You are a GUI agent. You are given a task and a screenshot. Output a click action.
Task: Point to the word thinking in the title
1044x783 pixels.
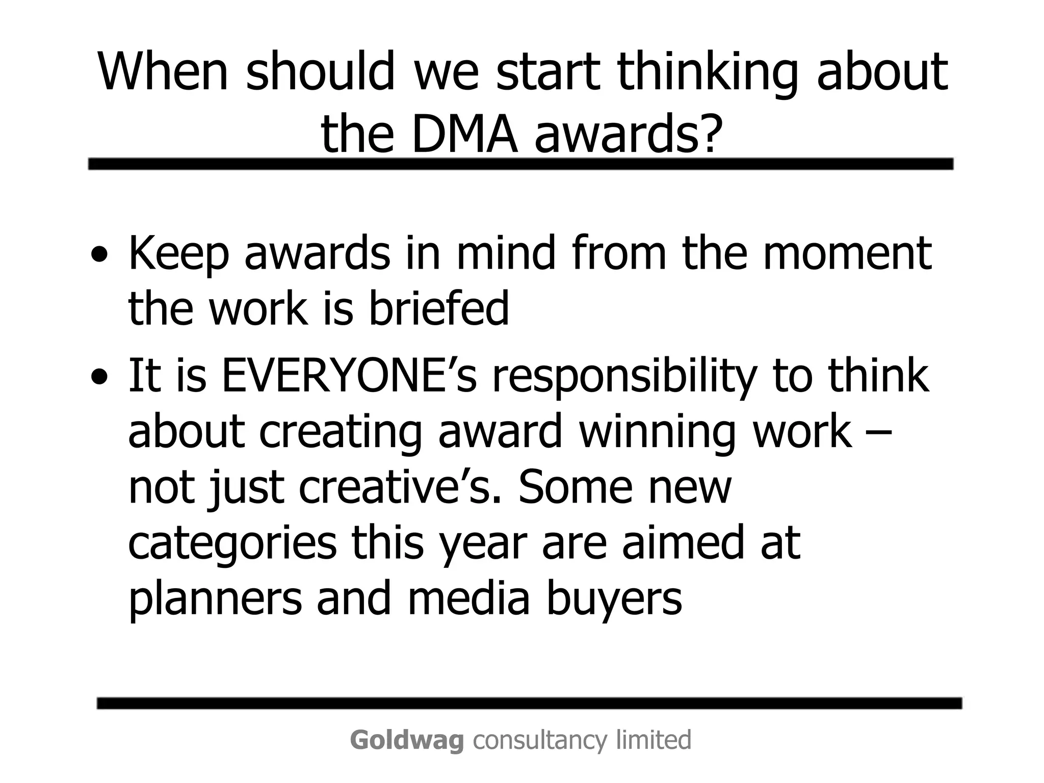[707, 72]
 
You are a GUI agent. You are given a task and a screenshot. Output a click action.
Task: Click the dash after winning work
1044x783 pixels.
[879, 432]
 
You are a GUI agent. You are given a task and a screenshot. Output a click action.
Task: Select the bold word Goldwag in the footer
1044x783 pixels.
[407, 740]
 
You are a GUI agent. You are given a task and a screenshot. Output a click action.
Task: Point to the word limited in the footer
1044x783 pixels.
[654, 740]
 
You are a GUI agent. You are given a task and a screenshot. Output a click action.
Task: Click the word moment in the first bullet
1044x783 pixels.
[847, 253]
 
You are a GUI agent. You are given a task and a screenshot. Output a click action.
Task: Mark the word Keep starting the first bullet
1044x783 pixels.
[178, 254]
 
